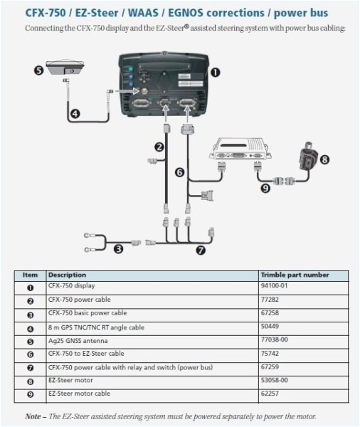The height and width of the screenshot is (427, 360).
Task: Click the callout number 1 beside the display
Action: [x=216, y=72]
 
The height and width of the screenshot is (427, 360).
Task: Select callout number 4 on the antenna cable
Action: [x=75, y=112]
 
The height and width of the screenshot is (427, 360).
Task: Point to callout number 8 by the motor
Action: [x=325, y=159]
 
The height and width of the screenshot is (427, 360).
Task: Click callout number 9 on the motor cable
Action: [x=265, y=189]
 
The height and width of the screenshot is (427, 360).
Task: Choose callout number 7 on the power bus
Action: [x=201, y=250]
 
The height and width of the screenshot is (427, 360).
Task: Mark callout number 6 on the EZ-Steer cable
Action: [x=179, y=172]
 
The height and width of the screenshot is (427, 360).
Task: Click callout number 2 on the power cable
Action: [x=160, y=147]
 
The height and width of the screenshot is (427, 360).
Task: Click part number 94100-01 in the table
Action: [x=275, y=286]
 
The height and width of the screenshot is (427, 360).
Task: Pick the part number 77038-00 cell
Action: [x=275, y=341]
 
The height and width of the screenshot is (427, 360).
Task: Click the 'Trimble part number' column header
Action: [x=295, y=274]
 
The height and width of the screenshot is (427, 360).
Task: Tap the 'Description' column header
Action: [x=67, y=274]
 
